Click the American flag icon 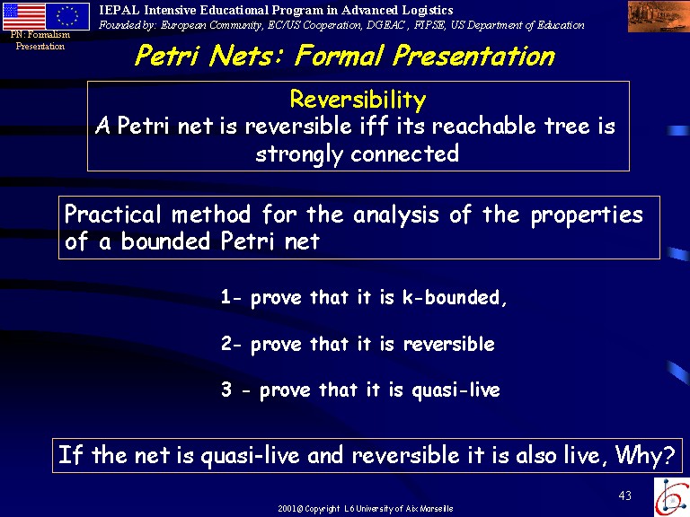[23, 16]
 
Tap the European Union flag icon [67, 16]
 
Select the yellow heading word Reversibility [358, 100]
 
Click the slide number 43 [625, 495]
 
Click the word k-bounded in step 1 [455, 298]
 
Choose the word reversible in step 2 [449, 344]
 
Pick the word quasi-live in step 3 [456, 390]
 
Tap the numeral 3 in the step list [226, 390]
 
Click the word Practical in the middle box [113, 215]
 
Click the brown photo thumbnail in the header [659, 17]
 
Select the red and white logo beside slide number [671, 496]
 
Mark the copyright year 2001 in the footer [287, 509]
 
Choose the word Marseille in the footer [436, 509]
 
